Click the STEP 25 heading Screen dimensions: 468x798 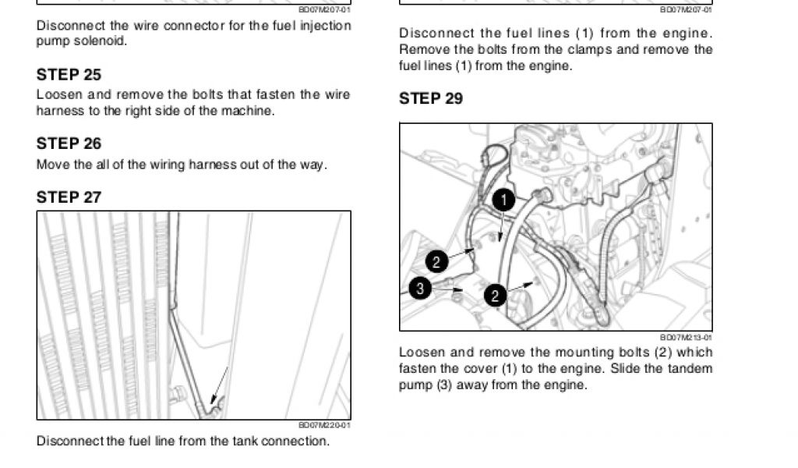pyautogui.click(x=69, y=75)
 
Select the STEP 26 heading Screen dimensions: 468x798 pyautogui.click(x=69, y=144)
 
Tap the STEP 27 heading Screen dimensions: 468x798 pyautogui.click(x=69, y=197)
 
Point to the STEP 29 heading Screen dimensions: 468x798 pyautogui.click(x=431, y=98)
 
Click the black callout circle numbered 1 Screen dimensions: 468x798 pyautogui.click(x=503, y=200)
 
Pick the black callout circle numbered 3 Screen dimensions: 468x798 pyautogui.click(x=419, y=289)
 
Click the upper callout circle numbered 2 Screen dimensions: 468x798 pyautogui.click(x=436, y=262)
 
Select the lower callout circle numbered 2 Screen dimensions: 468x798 pyautogui.click(x=495, y=296)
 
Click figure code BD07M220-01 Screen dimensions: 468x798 pyautogui.click(x=324, y=425)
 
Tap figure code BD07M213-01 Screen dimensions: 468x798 pyautogui.click(x=686, y=337)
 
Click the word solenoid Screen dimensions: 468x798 pyautogui.click(x=103, y=41)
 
